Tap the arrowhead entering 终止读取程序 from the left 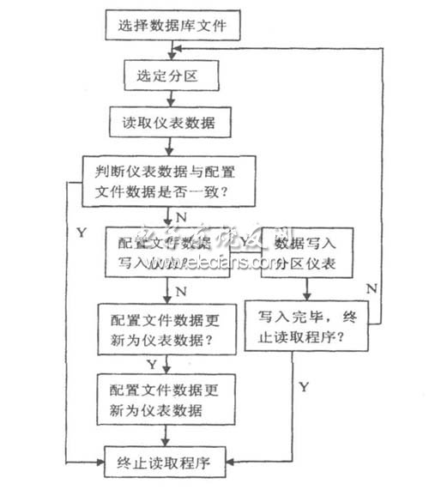pyautogui.click(x=100, y=463)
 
